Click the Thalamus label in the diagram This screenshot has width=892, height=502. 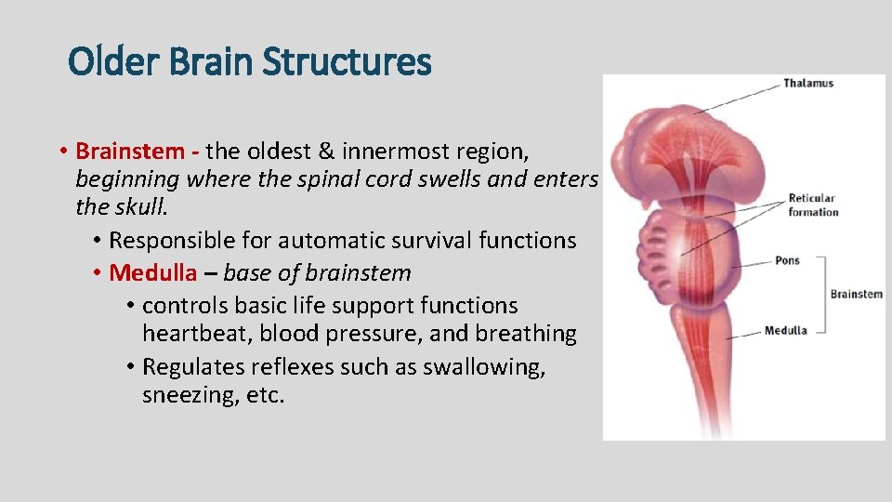(x=807, y=83)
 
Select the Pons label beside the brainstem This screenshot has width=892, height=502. (x=787, y=260)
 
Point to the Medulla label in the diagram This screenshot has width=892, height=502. (x=785, y=330)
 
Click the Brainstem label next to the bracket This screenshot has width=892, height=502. (x=856, y=294)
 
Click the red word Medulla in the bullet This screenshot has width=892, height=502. (x=153, y=272)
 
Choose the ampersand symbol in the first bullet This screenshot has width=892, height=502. (x=326, y=151)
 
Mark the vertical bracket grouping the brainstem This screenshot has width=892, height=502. (x=823, y=295)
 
